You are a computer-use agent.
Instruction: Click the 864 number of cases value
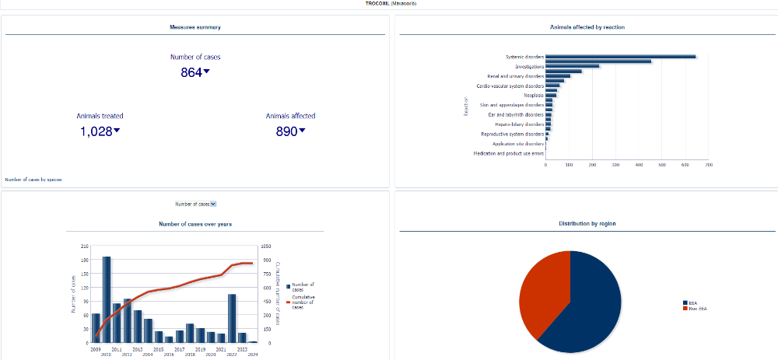pyautogui.click(x=191, y=72)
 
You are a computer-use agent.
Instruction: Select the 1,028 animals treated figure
pyautogui.click(x=97, y=131)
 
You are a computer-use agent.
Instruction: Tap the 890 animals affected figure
pyautogui.click(x=287, y=131)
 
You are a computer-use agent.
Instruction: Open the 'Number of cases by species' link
pyautogui.click(x=33, y=180)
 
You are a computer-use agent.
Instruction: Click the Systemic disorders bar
pyautogui.click(x=620, y=56)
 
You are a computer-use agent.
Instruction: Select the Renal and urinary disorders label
pyautogui.click(x=515, y=76)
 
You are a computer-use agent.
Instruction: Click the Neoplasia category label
pyautogui.click(x=534, y=95)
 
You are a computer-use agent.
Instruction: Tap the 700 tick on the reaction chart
pyautogui.click(x=708, y=165)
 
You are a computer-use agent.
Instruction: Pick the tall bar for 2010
pyautogui.click(x=107, y=299)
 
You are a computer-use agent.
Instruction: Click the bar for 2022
pyautogui.click(x=232, y=318)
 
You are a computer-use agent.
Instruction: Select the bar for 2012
pyautogui.click(x=128, y=320)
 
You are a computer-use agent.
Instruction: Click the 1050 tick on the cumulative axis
pyautogui.click(x=267, y=246)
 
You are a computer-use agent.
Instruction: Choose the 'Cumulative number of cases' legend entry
pyautogui.click(x=303, y=301)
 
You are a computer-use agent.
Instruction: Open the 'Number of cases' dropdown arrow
pyautogui.click(x=213, y=204)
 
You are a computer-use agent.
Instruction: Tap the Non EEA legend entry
pyautogui.click(x=697, y=309)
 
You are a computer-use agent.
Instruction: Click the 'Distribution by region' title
pyautogui.click(x=587, y=223)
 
